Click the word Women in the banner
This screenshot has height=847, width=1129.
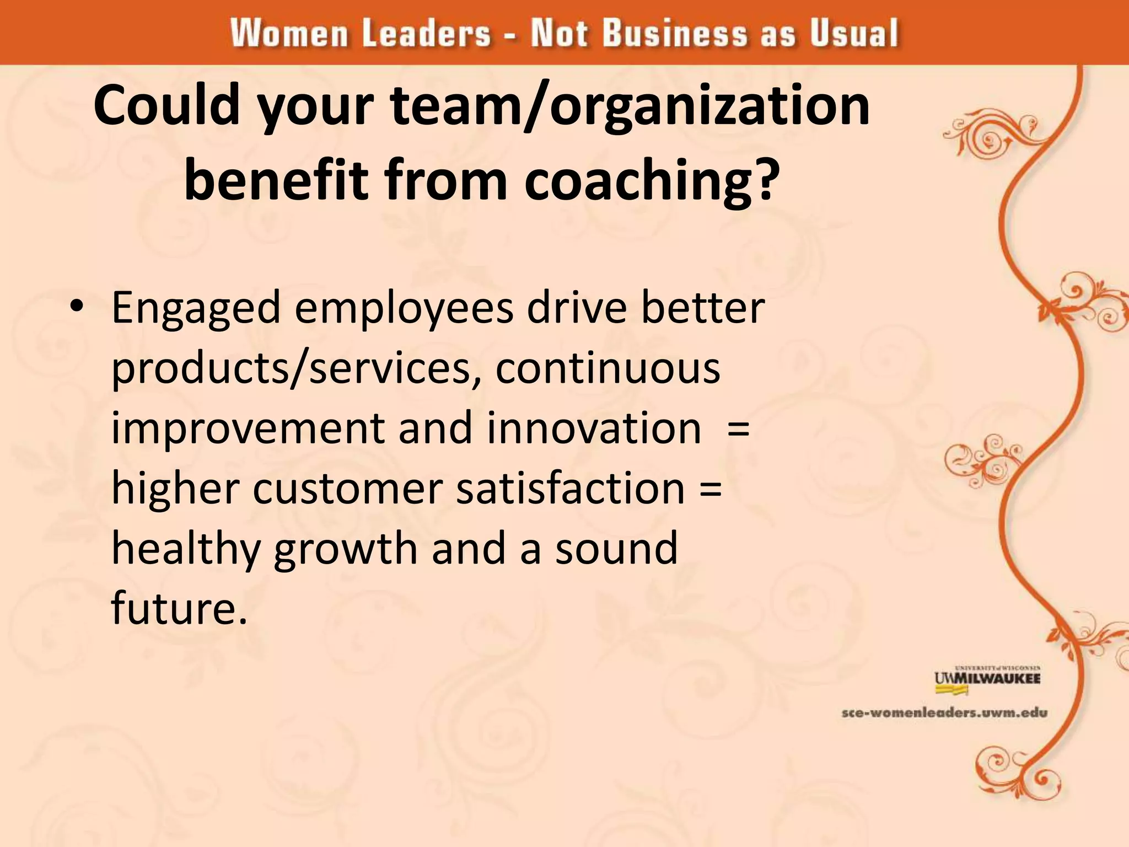click(289, 33)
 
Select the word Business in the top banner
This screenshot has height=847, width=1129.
click(674, 33)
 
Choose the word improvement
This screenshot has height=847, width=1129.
click(248, 429)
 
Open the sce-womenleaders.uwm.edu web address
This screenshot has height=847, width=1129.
click(944, 713)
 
